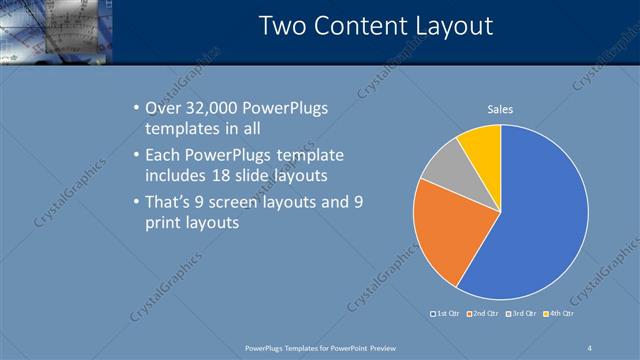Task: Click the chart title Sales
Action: [x=500, y=109]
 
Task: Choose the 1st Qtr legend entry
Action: [x=447, y=313]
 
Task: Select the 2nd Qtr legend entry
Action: [x=483, y=313]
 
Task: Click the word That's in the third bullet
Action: [x=170, y=203]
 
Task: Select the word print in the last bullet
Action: [x=164, y=223]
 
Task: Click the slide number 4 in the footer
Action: [x=590, y=347]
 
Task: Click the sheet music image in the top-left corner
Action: [x=56, y=30]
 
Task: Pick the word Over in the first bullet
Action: [x=164, y=108]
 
